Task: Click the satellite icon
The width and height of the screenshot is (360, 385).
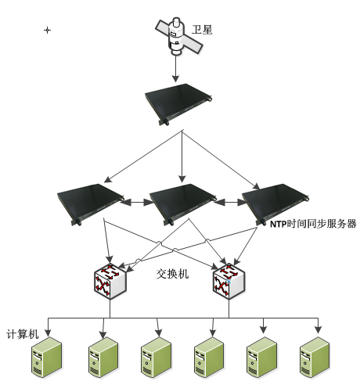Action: tap(178, 37)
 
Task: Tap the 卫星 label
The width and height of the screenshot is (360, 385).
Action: tap(202, 30)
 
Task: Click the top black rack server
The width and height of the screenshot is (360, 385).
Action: tap(178, 104)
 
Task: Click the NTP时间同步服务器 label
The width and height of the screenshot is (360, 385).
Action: tap(313, 224)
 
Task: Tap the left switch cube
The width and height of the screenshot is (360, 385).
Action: tap(110, 282)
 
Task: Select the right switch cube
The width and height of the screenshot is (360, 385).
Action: tap(229, 282)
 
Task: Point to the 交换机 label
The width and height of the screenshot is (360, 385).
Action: tap(172, 274)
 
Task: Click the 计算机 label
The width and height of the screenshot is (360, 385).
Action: tap(23, 334)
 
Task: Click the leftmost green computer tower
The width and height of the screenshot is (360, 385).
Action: tap(47, 357)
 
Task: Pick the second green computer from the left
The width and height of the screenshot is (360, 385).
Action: tap(103, 357)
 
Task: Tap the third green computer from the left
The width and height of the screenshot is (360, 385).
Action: tap(157, 357)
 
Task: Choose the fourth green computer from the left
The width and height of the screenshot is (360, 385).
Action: tap(209, 357)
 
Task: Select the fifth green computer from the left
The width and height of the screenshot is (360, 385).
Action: tap(262, 357)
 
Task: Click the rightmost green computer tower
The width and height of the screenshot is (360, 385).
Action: tap(315, 357)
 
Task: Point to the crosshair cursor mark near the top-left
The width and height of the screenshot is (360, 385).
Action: tap(47, 31)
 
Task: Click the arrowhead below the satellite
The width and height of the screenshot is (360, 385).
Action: tap(175, 78)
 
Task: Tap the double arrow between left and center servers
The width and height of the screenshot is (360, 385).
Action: tap(137, 202)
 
